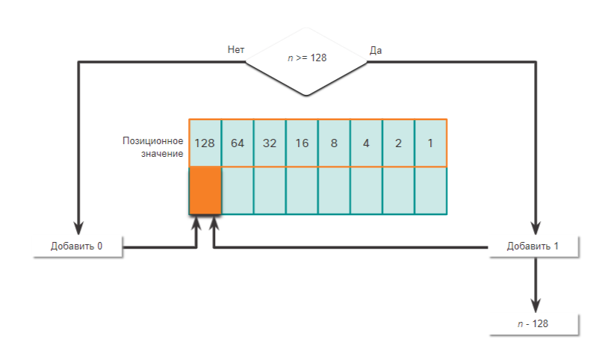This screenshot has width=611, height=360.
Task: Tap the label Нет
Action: pyautogui.click(x=236, y=49)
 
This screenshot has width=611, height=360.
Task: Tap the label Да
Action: pyautogui.click(x=376, y=50)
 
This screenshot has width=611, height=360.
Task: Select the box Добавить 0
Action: pyautogui.click(x=77, y=246)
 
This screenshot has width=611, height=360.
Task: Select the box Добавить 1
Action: pyautogui.click(x=533, y=246)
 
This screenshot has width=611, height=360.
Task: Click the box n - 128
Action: pyautogui.click(x=533, y=324)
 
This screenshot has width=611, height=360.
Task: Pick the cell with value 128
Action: pyautogui.click(x=205, y=143)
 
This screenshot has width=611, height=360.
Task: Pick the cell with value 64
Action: pyautogui.click(x=238, y=143)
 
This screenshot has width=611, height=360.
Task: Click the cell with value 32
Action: pyautogui.click(x=270, y=143)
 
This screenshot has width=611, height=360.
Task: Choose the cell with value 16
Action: pyautogui.click(x=302, y=143)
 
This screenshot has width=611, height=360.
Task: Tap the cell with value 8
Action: pyautogui.click(x=334, y=143)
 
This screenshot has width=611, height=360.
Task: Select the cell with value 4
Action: pyautogui.click(x=366, y=143)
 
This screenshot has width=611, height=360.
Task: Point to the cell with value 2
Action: pyautogui.click(x=398, y=143)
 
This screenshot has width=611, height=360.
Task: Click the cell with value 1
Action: pyautogui.click(x=430, y=143)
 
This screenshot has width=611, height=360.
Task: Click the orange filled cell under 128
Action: pyautogui.click(x=205, y=190)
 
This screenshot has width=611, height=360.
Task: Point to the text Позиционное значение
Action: pyautogui.click(x=153, y=146)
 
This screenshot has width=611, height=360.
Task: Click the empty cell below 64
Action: pyautogui.click(x=238, y=190)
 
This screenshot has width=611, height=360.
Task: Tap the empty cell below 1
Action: pyautogui.click(x=430, y=190)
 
